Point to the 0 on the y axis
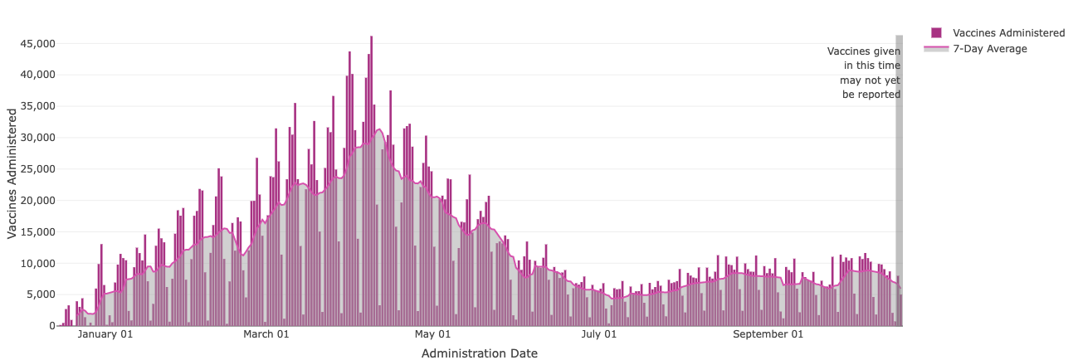pos(51,326)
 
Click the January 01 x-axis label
pos(105,335)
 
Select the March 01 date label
pos(266,335)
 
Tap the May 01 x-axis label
pos(432,335)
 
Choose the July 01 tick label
pos(598,335)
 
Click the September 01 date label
pos(768,335)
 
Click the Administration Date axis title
pos(479,353)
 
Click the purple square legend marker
pos(936,32)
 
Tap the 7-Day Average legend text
pos(990,49)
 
